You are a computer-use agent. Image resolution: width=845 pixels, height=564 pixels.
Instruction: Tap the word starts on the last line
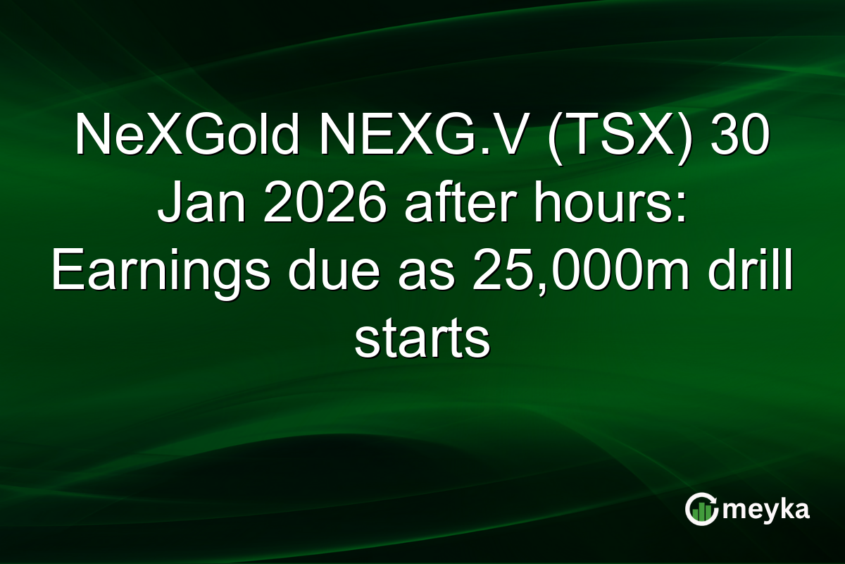click(422, 343)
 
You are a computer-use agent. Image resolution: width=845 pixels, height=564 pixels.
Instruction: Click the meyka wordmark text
click(768, 510)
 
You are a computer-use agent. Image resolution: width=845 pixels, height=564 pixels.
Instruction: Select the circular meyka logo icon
click(701, 510)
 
